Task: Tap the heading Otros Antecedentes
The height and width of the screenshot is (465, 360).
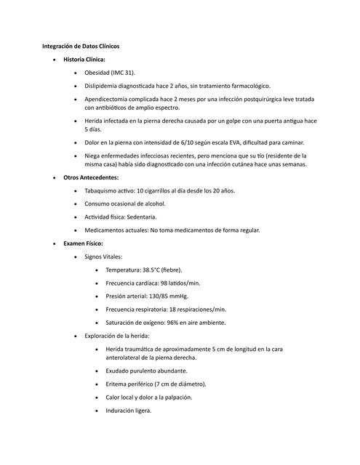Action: pos(91,177)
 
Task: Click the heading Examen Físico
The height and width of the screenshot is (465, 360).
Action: pos(84,243)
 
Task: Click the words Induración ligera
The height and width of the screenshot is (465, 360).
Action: pos(129,411)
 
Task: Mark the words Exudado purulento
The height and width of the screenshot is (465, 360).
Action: pos(135,371)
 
